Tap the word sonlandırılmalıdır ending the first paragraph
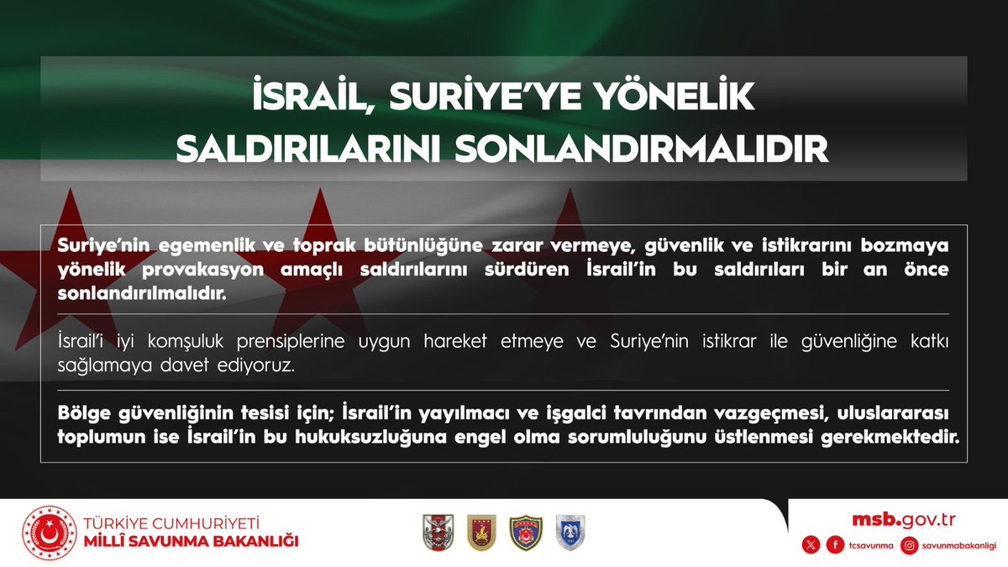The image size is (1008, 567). pos(142,296)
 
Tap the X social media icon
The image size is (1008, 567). pos(811,546)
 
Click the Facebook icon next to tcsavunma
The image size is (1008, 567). pos(835,546)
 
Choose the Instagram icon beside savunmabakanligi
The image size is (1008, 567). pos(909,546)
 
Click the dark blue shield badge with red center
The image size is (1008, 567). pos(527,533)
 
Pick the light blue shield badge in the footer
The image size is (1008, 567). pos(571,533)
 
